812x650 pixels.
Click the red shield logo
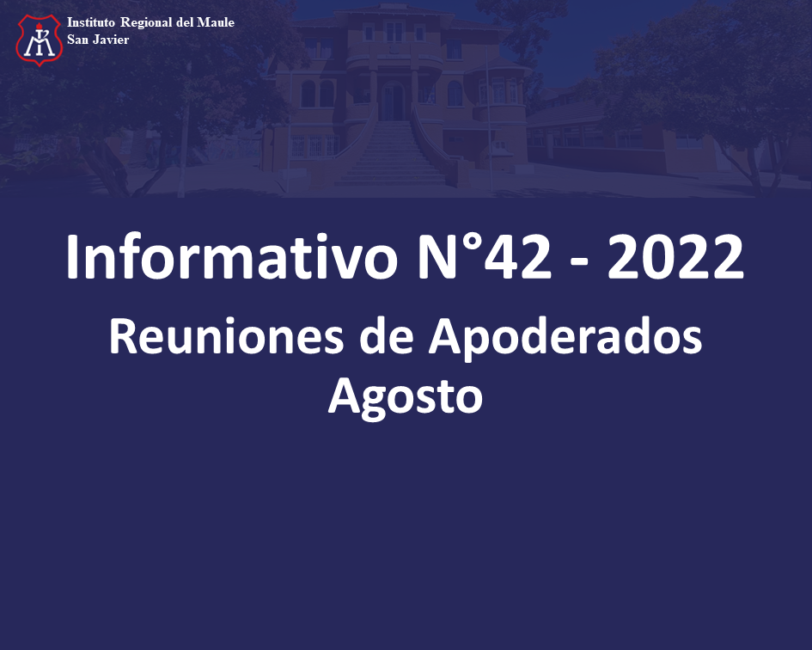click(40, 40)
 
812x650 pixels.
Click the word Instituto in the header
click(91, 22)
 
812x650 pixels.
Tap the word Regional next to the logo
click(146, 23)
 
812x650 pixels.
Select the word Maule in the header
click(216, 22)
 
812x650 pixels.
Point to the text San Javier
click(98, 40)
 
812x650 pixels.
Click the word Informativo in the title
click(232, 257)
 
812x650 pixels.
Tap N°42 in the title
click(485, 257)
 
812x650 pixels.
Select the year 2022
click(675, 257)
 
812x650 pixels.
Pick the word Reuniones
click(226, 336)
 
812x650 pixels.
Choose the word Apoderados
click(565, 338)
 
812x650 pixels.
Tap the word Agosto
click(406, 397)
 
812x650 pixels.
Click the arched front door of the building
click(393, 101)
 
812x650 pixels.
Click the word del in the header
click(185, 22)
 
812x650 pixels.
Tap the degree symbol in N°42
click(470, 242)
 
